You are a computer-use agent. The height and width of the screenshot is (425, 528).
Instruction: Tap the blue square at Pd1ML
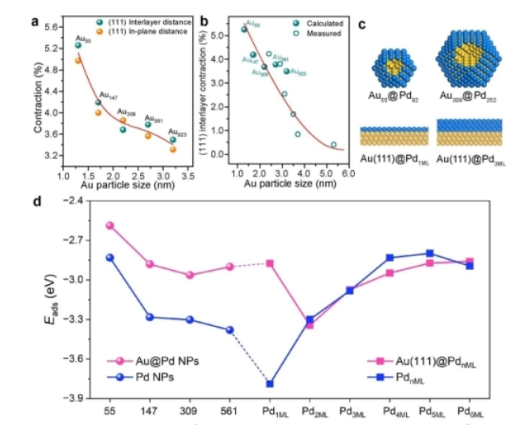click(x=271, y=384)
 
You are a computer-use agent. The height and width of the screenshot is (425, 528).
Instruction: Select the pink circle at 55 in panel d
click(x=110, y=226)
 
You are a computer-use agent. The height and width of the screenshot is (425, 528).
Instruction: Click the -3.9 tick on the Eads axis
click(x=80, y=398)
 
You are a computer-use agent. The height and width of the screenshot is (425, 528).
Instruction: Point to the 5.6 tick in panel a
click(x=58, y=27)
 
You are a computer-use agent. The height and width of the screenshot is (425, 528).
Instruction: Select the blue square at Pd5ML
click(x=431, y=253)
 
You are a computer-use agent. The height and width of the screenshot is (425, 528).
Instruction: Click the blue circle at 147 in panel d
click(x=150, y=317)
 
